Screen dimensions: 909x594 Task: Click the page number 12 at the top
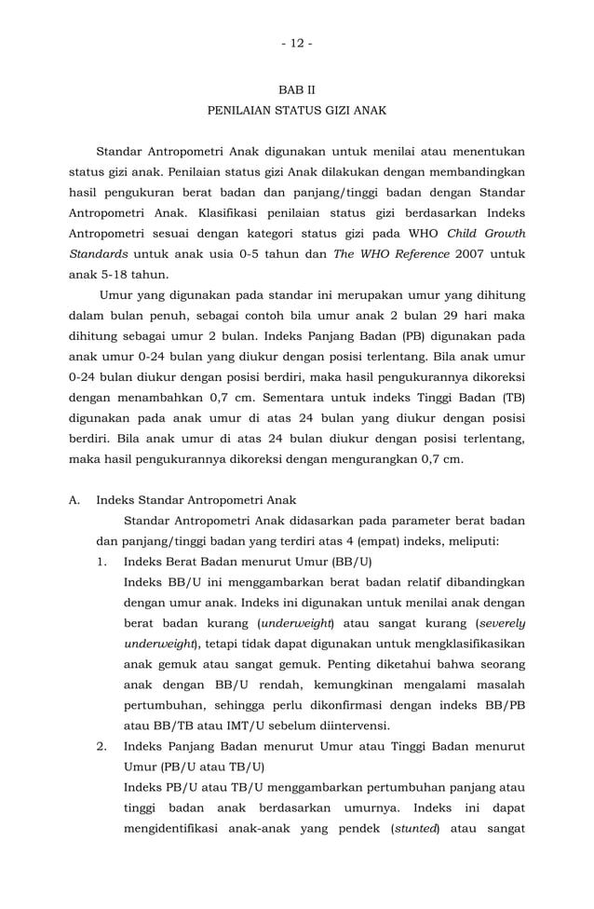tap(297, 44)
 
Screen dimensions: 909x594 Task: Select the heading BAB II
tap(297, 90)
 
